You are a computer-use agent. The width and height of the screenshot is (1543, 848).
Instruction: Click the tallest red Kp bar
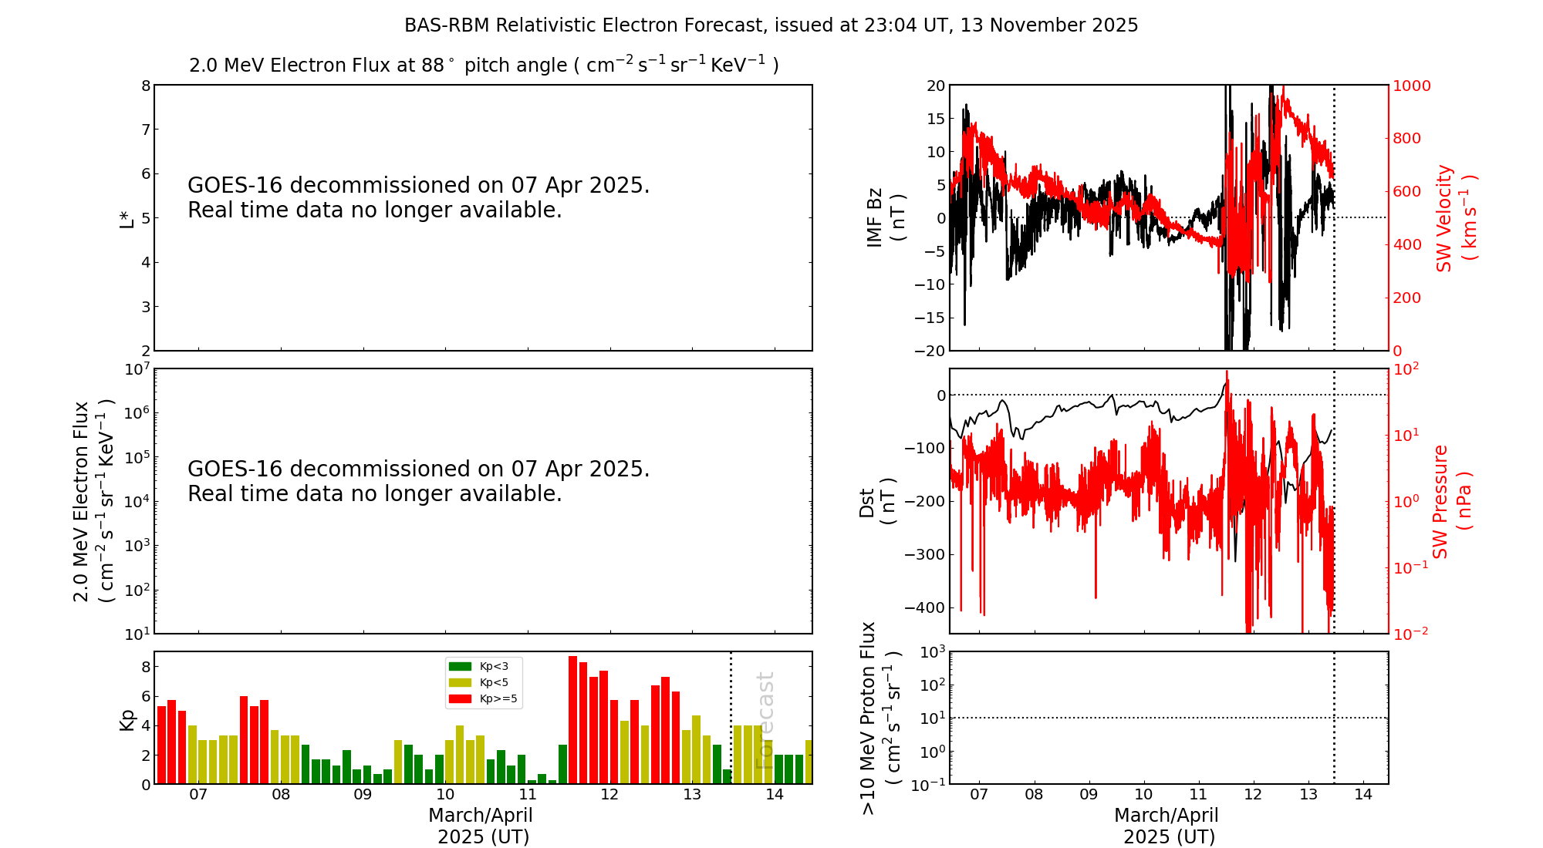coord(572,718)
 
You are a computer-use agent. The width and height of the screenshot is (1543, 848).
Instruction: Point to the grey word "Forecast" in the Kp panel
coord(765,720)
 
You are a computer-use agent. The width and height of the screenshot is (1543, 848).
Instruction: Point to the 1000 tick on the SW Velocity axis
coord(1411,86)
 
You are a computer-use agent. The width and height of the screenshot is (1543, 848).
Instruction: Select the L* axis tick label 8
coord(146,86)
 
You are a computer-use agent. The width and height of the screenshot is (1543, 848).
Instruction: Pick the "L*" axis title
coord(127,218)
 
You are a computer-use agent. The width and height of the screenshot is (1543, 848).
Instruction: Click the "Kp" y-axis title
coord(127,718)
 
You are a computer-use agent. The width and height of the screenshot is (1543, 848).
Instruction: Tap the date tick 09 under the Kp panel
coord(363,795)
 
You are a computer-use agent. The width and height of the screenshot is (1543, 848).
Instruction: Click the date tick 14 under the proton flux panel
coord(1363,795)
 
